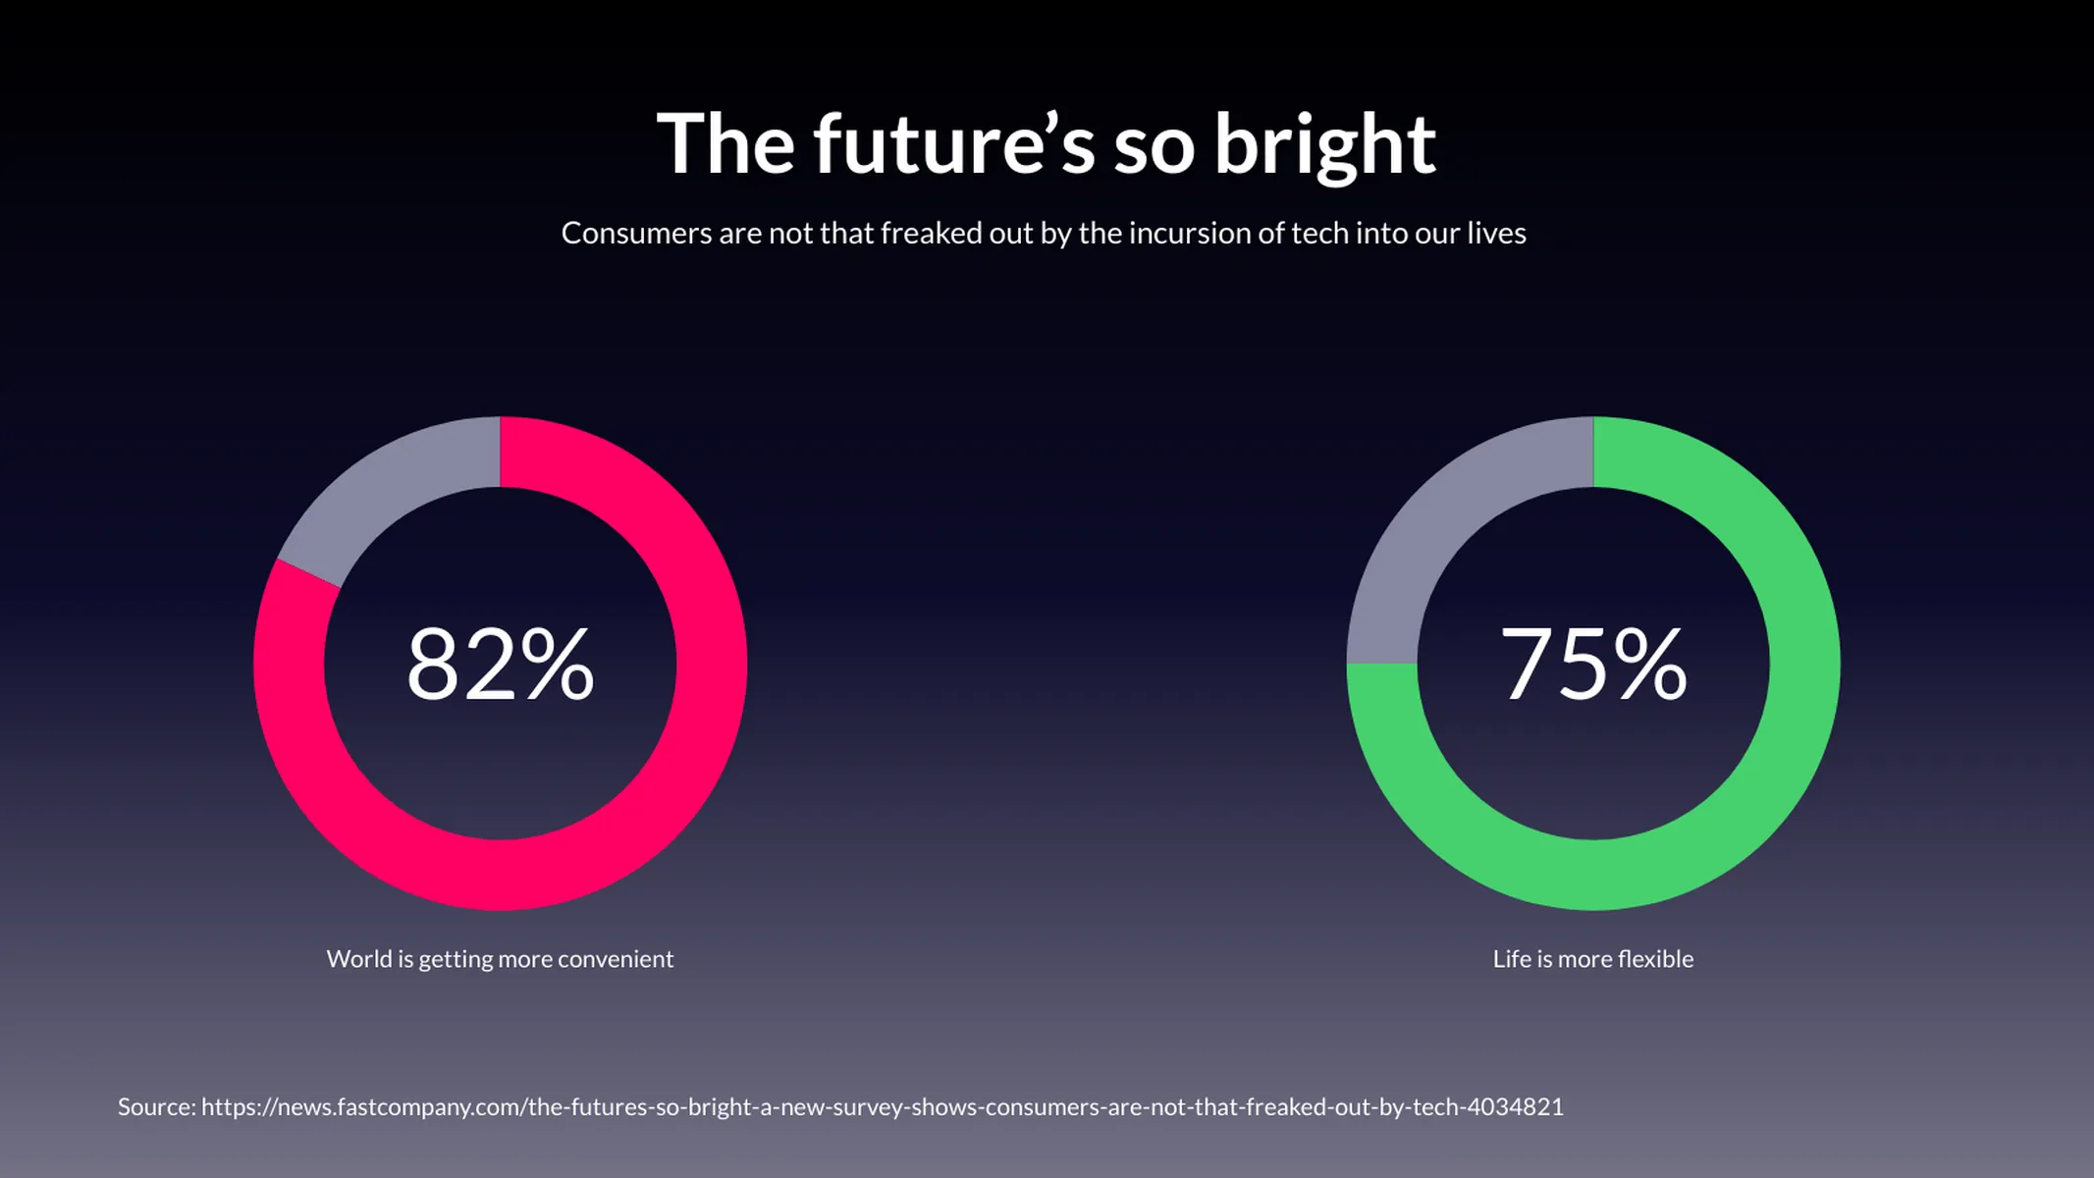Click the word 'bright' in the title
(x=1324, y=145)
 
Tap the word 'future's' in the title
(x=952, y=145)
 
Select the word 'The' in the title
(x=725, y=145)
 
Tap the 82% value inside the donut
(x=500, y=665)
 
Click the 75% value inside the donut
(x=1592, y=665)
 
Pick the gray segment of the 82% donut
(x=393, y=491)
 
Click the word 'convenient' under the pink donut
(x=616, y=959)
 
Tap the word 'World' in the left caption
(x=358, y=959)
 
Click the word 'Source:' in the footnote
(x=156, y=1107)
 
